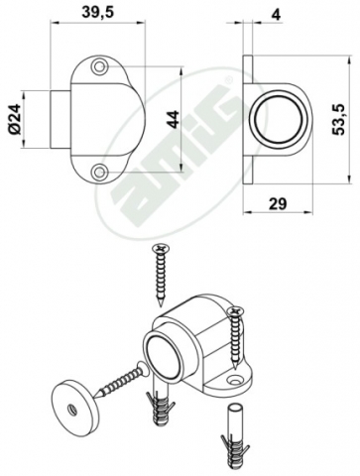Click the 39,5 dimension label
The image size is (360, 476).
tap(97, 13)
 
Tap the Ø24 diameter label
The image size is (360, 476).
tap(16, 119)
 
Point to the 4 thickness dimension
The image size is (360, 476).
tap(276, 15)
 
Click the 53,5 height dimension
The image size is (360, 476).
tap(339, 119)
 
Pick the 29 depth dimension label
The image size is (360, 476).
tap(278, 203)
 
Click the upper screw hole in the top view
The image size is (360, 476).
tap(99, 66)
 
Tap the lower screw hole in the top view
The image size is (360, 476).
tap(99, 172)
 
